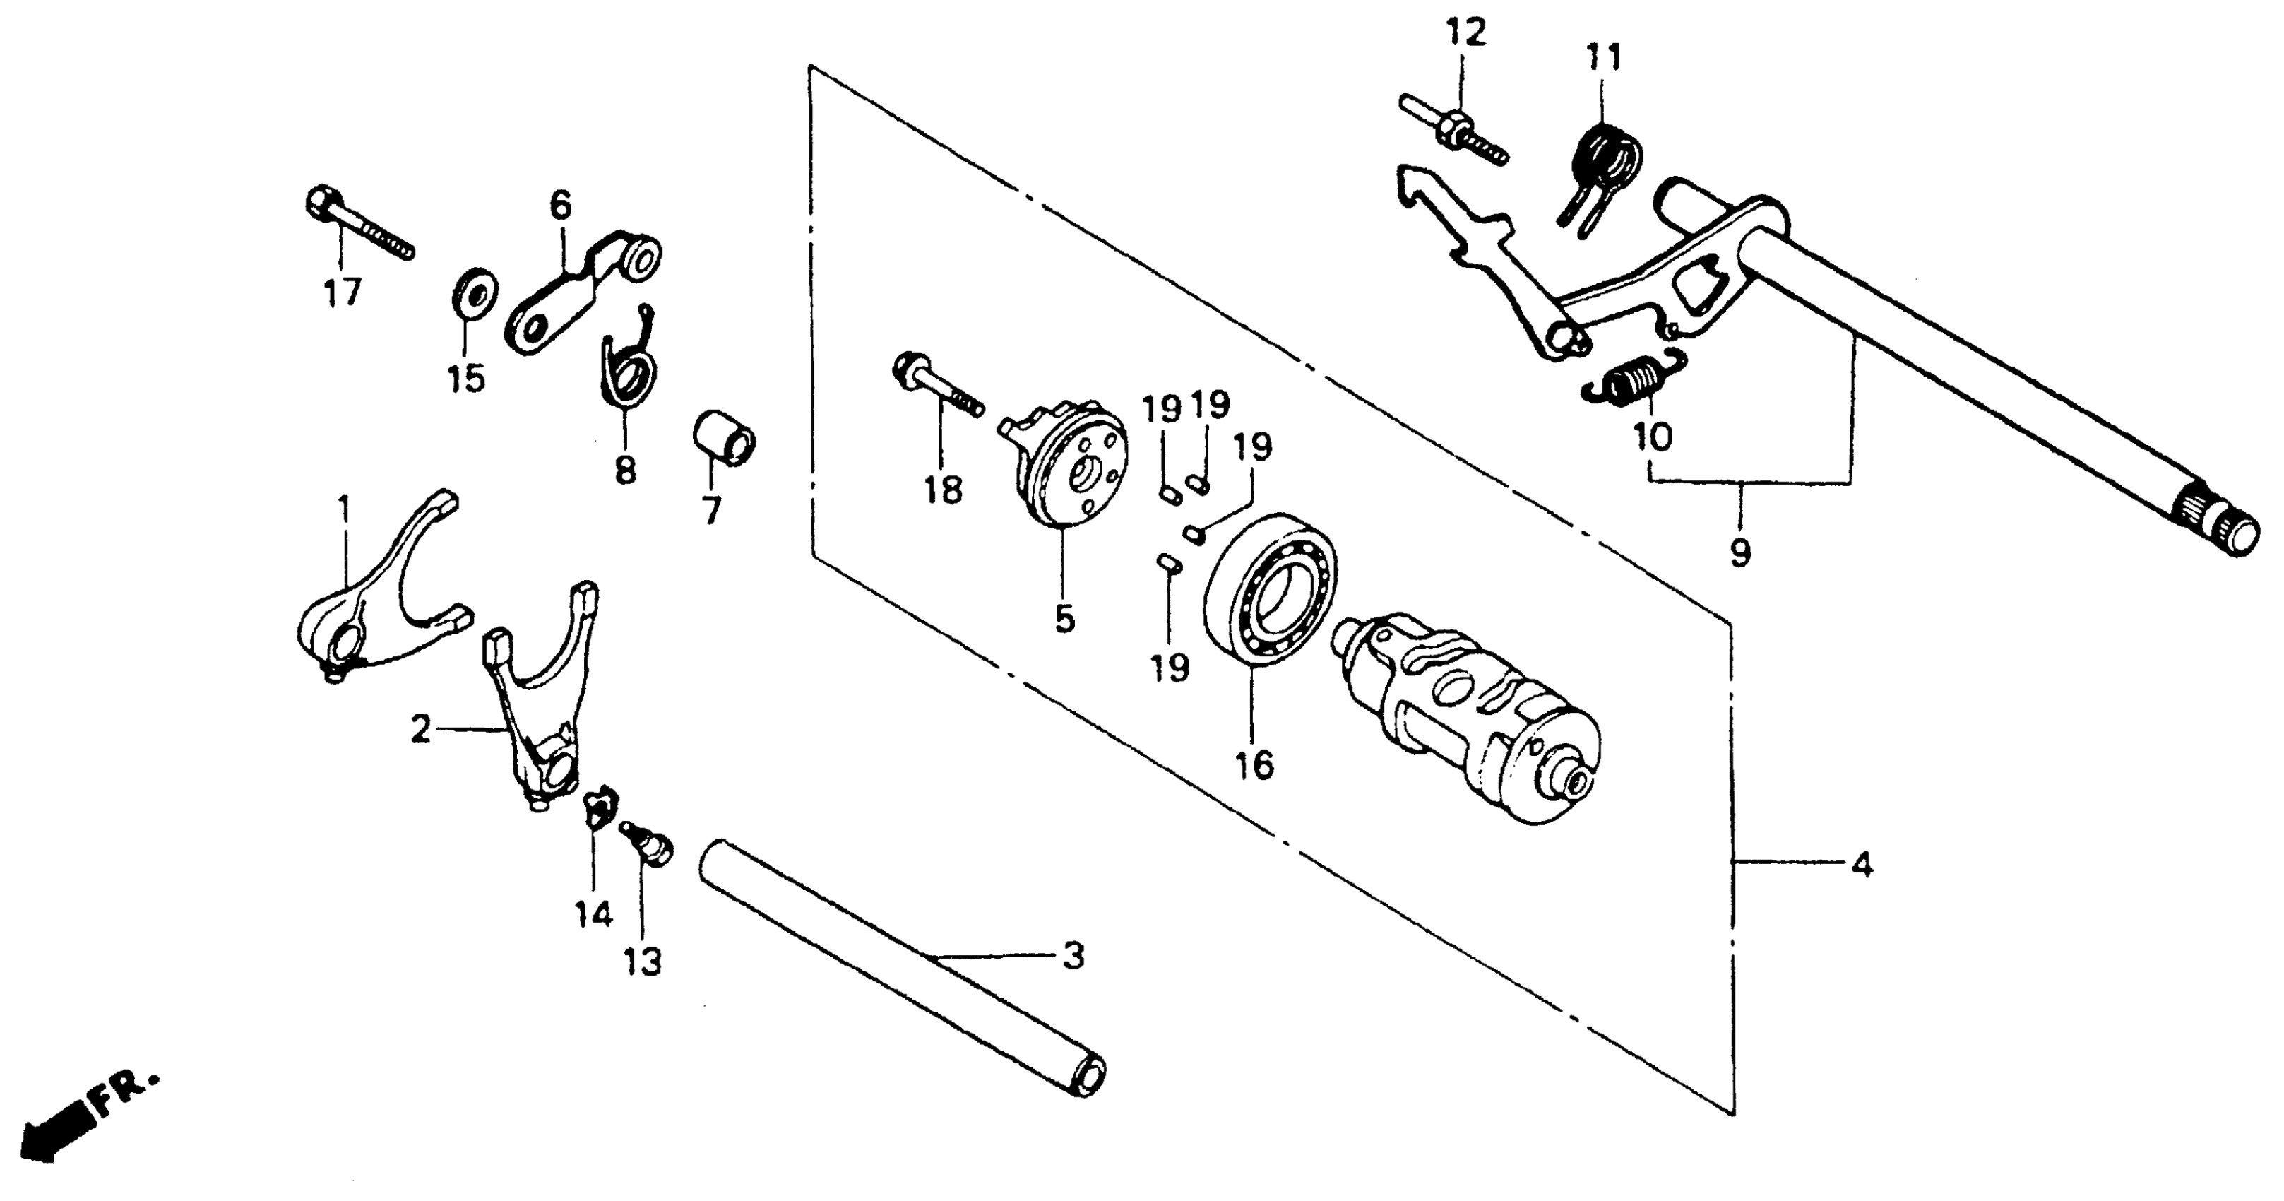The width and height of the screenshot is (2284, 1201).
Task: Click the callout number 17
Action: tap(343, 292)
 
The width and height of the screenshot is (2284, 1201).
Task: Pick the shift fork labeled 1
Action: tap(372, 603)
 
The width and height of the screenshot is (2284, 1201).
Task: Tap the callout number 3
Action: tap(1073, 956)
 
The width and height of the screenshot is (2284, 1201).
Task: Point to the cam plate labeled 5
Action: tap(1069, 470)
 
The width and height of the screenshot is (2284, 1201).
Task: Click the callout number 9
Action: tap(1740, 553)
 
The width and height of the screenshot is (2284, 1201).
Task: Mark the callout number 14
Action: tap(593, 913)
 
